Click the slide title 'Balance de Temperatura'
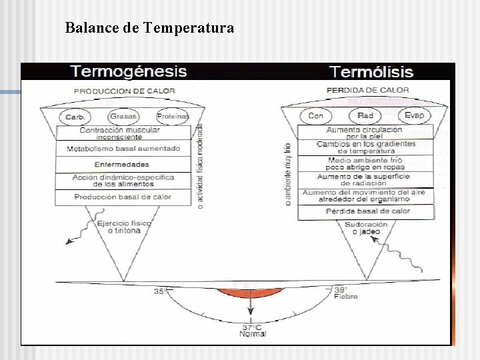tap(149, 28)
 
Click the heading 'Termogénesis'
tap(129, 71)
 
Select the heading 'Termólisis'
tap(371, 72)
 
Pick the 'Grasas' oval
tap(124, 116)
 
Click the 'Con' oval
tap(316, 116)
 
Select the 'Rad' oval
tap(365, 116)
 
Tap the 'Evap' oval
tap(414, 116)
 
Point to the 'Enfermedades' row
tap(121, 164)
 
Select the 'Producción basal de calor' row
tap(123, 197)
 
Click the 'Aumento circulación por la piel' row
tap(364, 132)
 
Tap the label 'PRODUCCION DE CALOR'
tap(125, 91)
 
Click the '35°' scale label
tap(161, 291)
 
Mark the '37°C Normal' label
tap(253, 330)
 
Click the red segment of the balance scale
tap(250, 292)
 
